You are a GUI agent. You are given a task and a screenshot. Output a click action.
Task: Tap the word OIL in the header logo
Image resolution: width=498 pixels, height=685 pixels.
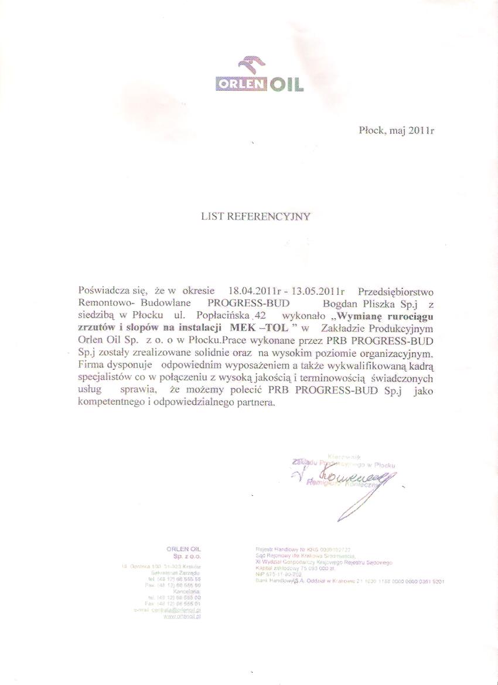(287, 85)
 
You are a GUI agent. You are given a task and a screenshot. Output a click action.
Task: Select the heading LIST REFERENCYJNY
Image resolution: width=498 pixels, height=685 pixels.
(256, 216)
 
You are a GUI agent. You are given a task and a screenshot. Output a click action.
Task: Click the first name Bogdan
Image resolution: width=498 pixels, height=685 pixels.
(339, 304)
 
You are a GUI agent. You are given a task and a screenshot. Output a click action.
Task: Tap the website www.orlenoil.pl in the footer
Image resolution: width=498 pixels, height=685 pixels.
(183, 616)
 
